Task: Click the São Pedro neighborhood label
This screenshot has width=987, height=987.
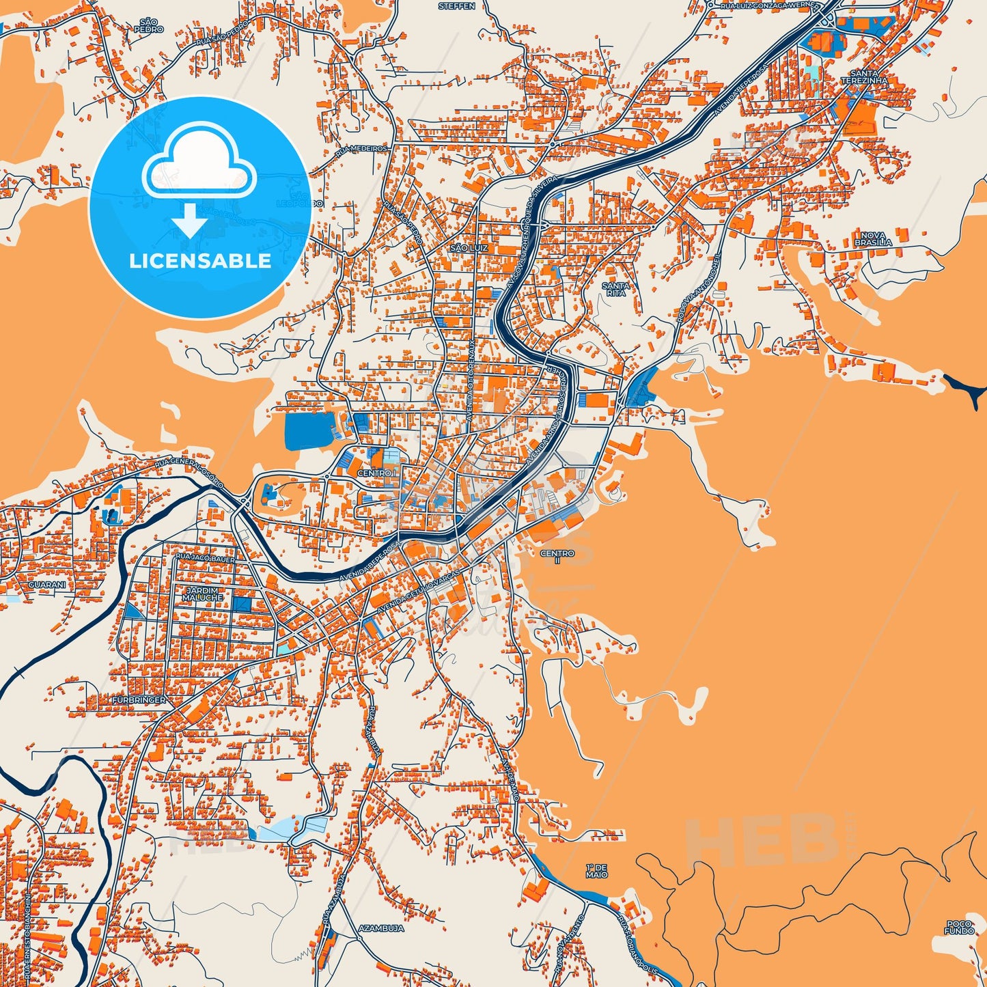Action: point(149,26)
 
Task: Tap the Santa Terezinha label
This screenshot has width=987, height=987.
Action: point(864,77)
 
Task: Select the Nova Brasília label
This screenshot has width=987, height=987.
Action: point(873,239)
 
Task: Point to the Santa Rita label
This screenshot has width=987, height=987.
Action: point(615,289)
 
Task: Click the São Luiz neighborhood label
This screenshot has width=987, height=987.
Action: point(469,248)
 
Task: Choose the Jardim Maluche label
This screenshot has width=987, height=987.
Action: point(202,594)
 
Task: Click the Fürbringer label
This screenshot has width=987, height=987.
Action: point(139,701)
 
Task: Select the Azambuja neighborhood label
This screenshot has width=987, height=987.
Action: point(381,928)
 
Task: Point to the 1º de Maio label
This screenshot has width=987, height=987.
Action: point(596,871)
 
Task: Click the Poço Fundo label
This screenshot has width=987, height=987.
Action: point(959,928)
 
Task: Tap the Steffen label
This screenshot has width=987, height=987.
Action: point(457,6)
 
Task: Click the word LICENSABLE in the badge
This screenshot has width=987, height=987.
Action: point(200,260)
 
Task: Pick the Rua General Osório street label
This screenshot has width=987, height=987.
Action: point(189,471)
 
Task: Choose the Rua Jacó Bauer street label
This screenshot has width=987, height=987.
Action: point(206,559)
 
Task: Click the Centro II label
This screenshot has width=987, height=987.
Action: point(557,557)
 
